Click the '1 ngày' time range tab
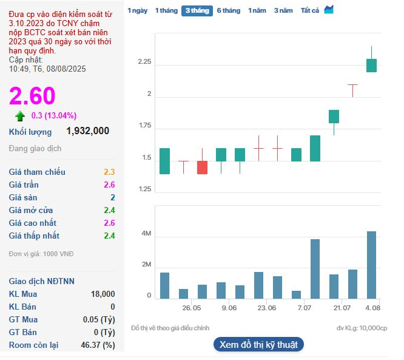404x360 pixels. click(137, 10)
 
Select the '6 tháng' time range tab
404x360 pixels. click(228, 10)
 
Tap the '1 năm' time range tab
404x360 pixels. click(257, 10)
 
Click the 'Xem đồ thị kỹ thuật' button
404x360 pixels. click(258, 345)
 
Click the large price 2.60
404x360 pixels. click(32, 96)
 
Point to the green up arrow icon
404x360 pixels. click(21, 116)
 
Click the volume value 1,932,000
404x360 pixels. click(88, 131)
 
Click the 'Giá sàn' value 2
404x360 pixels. click(112, 197)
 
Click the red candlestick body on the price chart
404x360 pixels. click(202, 168)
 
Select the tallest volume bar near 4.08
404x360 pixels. click(371, 265)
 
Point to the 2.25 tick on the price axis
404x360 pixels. click(144, 63)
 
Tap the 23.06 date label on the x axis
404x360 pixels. click(267, 308)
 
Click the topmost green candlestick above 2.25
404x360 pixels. click(371, 65)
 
